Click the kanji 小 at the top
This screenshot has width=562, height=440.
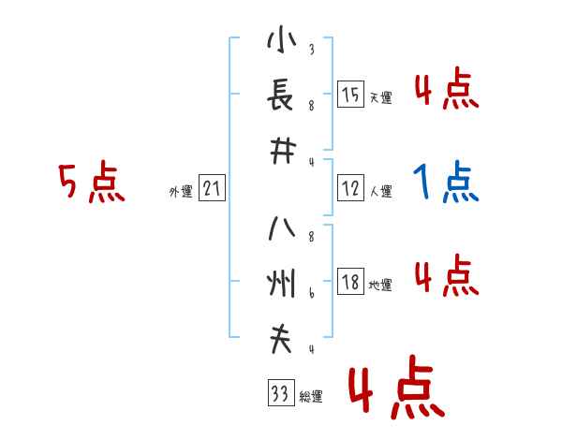279,42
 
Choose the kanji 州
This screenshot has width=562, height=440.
279,283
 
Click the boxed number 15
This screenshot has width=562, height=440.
350,95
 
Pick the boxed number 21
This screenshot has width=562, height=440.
212,190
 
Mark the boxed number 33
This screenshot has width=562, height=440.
278,395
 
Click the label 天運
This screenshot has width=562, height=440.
380,97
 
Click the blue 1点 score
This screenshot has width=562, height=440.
446,183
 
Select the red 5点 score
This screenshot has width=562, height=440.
91,183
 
